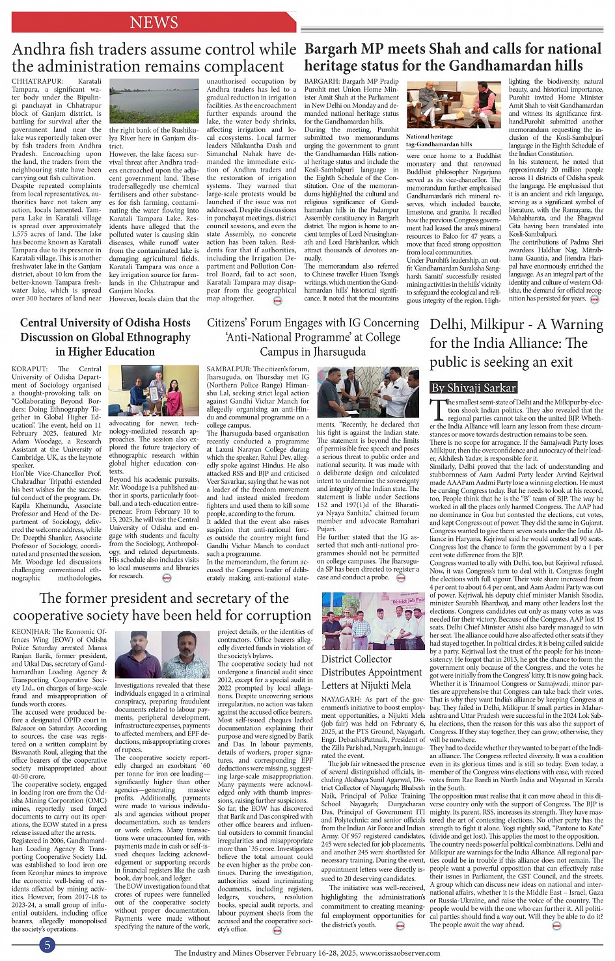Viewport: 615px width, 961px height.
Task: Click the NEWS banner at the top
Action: tap(154, 23)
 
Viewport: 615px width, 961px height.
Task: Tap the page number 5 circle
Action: tap(46, 945)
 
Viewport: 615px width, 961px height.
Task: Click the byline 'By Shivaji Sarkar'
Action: tap(473, 388)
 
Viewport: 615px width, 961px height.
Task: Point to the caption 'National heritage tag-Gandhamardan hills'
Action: tap(439, 140)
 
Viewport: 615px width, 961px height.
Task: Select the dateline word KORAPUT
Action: tap(29, 369)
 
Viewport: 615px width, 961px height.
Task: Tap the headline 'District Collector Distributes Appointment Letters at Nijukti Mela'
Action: tap(366, 672)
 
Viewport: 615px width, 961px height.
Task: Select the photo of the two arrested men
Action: tap(162, 653)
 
